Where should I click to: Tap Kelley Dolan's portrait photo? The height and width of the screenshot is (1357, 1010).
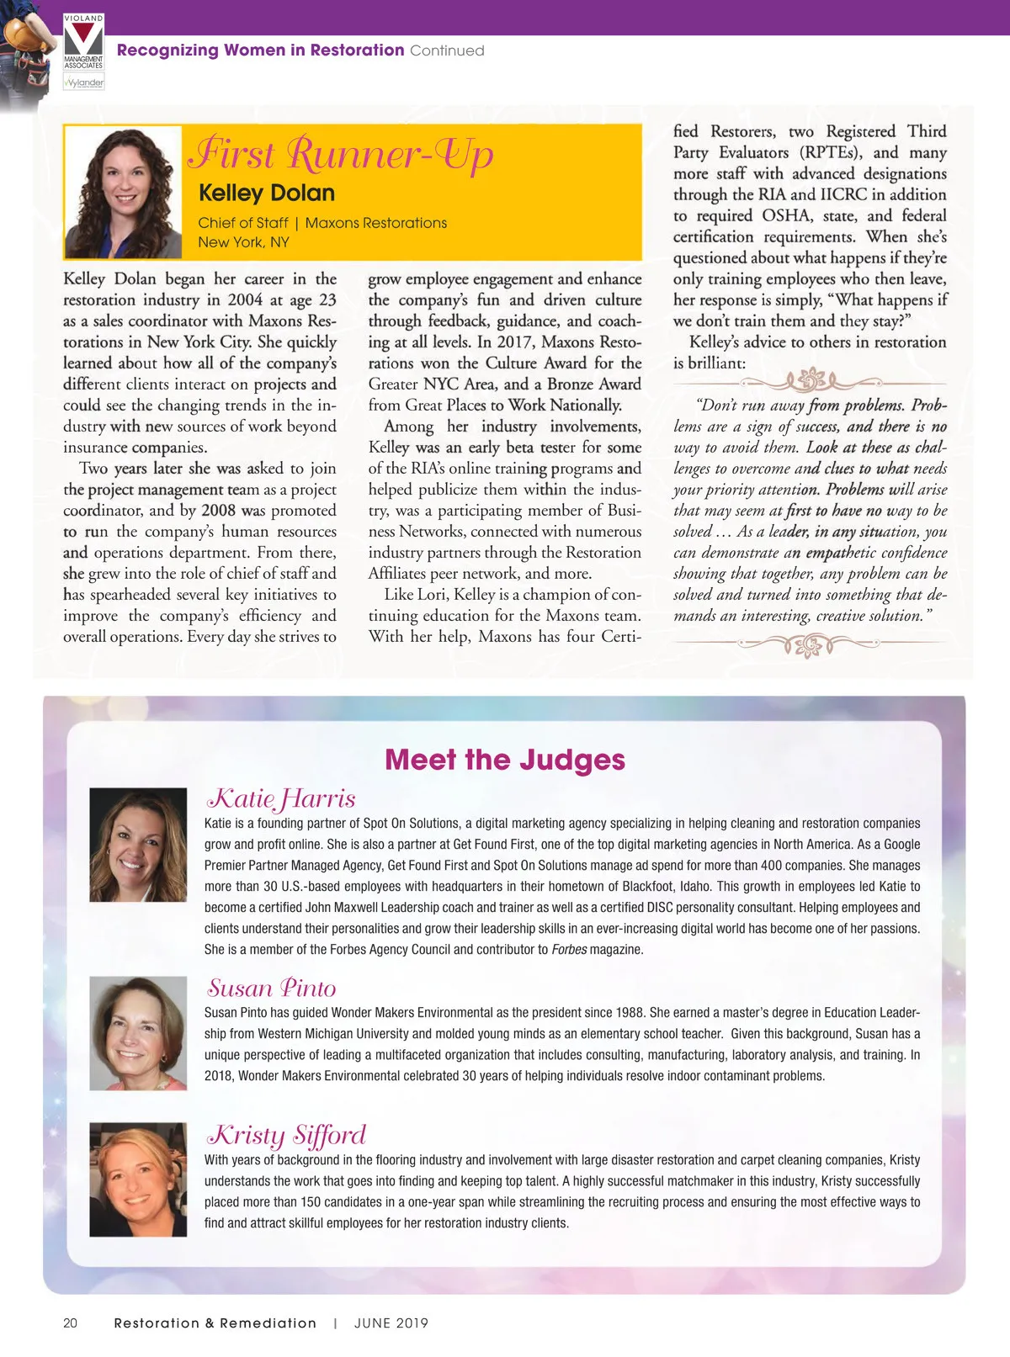(123, 193)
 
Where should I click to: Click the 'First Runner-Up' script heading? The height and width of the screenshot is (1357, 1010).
(340, 154)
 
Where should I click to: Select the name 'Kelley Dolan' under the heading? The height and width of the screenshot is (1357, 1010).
(267, 193)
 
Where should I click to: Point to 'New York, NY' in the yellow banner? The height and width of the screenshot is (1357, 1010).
(243, 242)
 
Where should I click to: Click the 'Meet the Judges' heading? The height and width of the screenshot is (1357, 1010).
(505, 760)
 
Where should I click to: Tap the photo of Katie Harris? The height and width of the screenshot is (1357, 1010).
(138, 845)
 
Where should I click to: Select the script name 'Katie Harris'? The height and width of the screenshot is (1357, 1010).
(282, 798)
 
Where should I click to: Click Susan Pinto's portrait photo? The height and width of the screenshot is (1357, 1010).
(138, 1033)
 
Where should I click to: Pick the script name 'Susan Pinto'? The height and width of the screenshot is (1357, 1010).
(272, 988)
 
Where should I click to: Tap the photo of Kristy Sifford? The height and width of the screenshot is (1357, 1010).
(138, 1179)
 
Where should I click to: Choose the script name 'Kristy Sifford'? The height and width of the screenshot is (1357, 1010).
(286, 1135)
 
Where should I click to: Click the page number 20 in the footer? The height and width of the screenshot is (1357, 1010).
(70, 1323)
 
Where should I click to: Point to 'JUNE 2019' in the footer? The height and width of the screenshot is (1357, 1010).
(391, 1323)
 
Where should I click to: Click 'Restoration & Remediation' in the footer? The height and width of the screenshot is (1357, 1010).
(215, 1323)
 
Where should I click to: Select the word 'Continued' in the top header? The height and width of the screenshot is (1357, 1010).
(447, 50)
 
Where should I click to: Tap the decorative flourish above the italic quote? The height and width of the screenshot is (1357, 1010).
(810, 380)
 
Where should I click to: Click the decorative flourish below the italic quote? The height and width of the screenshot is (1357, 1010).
(810, 645)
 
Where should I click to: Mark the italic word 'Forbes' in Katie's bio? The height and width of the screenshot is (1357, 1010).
(569, 950)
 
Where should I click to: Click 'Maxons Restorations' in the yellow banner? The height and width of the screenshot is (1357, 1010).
(376, 223)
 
